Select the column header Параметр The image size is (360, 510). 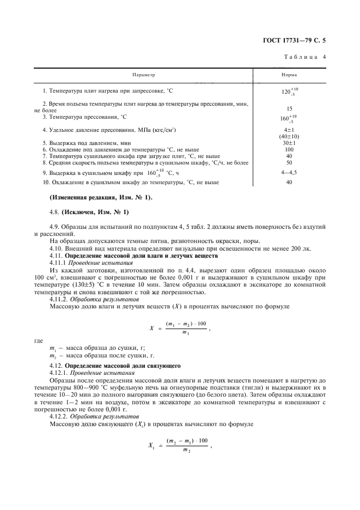144,75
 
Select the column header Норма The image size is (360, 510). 289,75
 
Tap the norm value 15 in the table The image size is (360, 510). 289,108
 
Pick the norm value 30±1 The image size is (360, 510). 289,142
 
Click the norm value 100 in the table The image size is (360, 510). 289,149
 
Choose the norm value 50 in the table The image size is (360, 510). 289,162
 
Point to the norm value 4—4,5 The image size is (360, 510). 289,172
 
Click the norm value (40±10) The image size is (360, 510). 289,136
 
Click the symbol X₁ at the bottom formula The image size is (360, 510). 152,445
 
